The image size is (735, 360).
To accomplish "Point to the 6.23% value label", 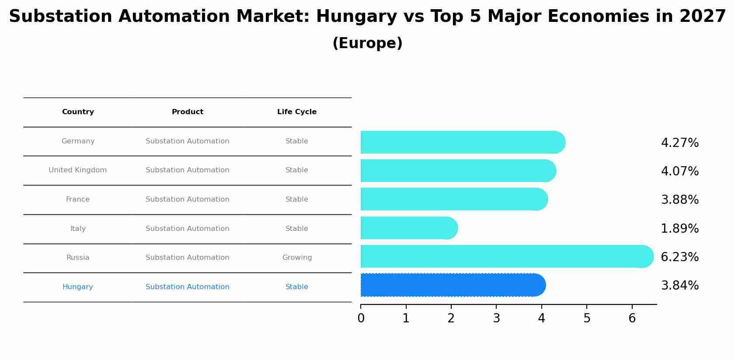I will pyautogui.click(x=679, y=257).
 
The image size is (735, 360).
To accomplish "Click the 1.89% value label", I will pyautogui.click(x=679, y=229).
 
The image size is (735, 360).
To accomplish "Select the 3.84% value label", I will pyautogui.click(x=679, y=286).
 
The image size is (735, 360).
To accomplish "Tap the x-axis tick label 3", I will pyautogui.click(x=496, y=318).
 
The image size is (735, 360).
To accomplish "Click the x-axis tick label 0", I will pyautogui.click(x=361, y=318).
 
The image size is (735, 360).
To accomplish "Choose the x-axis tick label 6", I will pyautogui.click(x=632, y=318).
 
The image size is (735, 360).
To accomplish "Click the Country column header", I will pyautogui.click(x=78, y=112).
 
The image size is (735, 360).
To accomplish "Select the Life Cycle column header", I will pyautogui.click(x=297, y=112).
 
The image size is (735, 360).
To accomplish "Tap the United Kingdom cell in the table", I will pyautogui.click(x=78, y=170).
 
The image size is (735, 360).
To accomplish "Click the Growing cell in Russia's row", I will pyautogui.click(x=297, y=258).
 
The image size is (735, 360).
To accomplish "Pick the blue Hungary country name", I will pyautogui.click(x=78, y=287).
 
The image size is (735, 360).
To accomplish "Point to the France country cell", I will pyautogui.click(x=78, y=199).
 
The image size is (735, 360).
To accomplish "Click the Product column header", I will pyautogui.click(x=188, y=112).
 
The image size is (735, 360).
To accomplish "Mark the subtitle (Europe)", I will pyautogui.click(x=367, y=43).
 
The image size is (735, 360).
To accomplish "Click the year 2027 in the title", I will pyautogui.click(x=703, y=17).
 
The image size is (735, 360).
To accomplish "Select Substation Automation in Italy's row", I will pyautogui.click(x=188, y=229).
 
